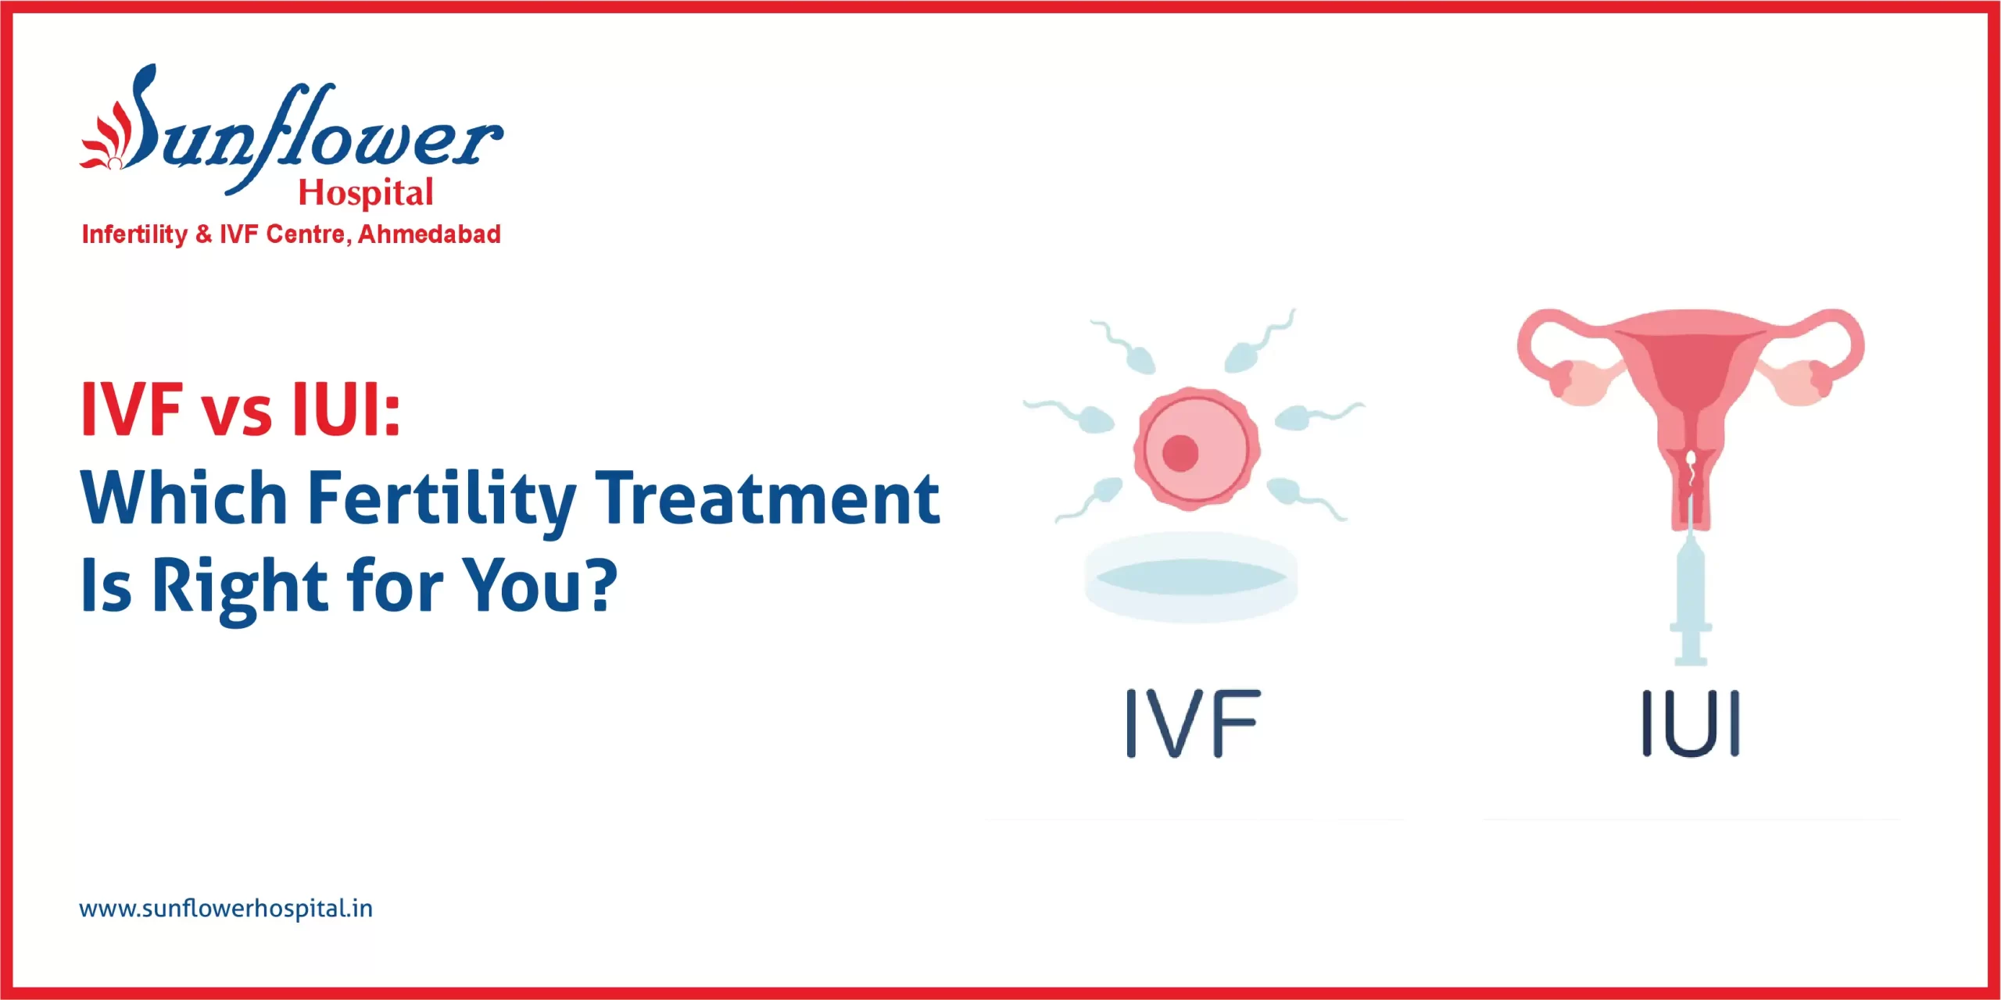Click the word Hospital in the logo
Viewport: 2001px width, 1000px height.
coord(365,193)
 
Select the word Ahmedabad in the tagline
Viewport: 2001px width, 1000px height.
coord(429,234)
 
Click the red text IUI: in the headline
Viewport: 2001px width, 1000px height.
coord(345,410)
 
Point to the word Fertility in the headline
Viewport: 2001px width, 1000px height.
coord(442,500)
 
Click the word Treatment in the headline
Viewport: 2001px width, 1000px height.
coord(768,500)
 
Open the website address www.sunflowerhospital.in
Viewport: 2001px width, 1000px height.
coord(226,909)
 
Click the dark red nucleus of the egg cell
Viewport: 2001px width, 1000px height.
coord(1180,452)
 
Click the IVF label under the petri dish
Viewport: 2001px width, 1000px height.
coord(1193,723)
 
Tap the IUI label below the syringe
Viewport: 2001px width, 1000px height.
coord(1691,723)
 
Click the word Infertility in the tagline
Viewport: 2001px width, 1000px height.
coord(134,234)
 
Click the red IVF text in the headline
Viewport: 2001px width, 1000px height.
coord(132,410)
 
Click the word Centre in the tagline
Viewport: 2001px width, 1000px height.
coord(306,234)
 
